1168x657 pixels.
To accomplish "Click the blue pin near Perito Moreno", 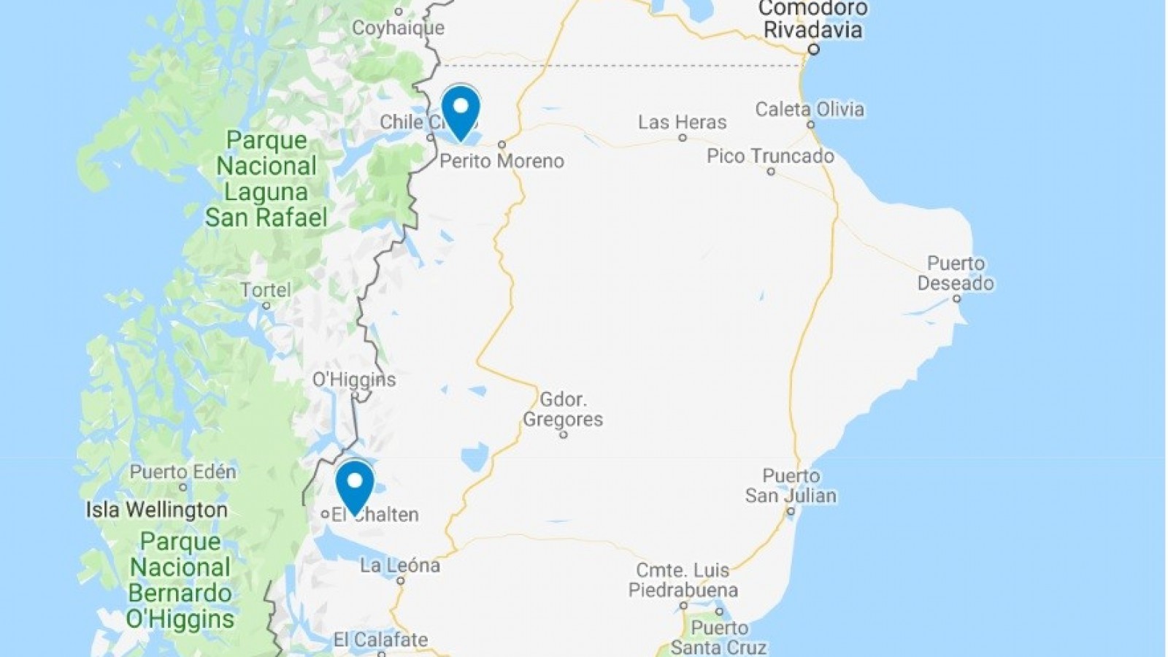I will [x=461, y=110].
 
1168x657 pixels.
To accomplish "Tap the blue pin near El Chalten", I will [x=355, y=485].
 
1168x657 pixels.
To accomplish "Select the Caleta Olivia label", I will [x=809, y=109].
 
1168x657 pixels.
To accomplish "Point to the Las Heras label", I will [x=682, y=122].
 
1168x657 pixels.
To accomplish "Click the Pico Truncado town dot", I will [x=771, y=172].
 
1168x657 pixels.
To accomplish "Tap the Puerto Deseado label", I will [x=956, y=273].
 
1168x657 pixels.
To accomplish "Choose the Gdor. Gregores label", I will [x=563, y=410].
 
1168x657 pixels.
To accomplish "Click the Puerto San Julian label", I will [x=791, y=485].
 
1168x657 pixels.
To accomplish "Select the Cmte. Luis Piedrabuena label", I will [x=683, y=580].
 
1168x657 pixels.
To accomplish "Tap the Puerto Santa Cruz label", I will [x=719, y=638].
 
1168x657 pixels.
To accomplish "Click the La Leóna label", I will [x=400, y=565].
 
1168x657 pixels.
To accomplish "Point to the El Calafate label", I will [x=380, y=640].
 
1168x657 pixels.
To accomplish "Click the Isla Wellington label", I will [x=157, y=510].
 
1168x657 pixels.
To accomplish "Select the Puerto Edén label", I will [x=182, y=472].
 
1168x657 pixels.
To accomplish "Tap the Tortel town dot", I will [x=266, y=306].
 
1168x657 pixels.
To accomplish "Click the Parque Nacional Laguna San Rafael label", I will [x=266, y=179].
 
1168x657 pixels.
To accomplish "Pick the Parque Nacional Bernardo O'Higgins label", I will [x=180, y=580].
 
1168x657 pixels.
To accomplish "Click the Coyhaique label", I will [x=398, y=28].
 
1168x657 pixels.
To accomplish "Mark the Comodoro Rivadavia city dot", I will [x=813, y=50].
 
